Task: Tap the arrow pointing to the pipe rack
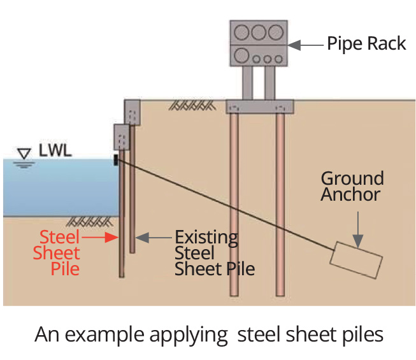click(305, 45)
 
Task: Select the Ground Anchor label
click(352, 186)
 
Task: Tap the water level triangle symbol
click(25, 154)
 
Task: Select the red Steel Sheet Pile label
click(60, 252)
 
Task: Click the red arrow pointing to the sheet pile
click(100, 238)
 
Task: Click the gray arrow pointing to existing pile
click(154, 238)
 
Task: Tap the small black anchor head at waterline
click(116, 159)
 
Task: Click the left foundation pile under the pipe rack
click(234, 204)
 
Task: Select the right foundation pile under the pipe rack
click(280, 204)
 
